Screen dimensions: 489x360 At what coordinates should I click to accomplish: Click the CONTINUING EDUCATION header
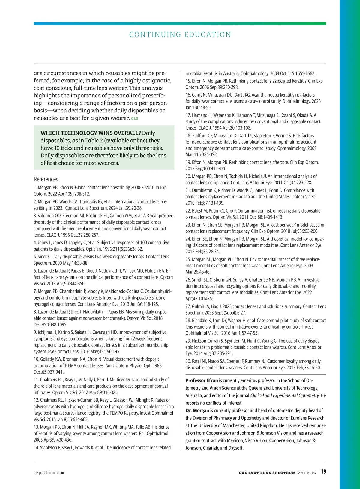180,34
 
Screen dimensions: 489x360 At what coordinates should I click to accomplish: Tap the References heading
46,179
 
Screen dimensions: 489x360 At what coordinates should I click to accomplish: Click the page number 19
323,472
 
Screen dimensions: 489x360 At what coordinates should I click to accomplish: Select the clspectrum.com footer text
49,473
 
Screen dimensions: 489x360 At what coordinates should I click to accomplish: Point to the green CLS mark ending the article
135,118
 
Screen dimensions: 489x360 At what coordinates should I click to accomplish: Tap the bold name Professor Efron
202,380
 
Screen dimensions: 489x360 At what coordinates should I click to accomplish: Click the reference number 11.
36,380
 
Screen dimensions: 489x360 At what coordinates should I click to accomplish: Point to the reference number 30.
188,361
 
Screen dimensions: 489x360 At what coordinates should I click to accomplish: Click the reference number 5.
35,257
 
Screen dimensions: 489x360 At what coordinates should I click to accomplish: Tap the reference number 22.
188,211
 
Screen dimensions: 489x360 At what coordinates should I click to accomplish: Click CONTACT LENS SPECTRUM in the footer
267,473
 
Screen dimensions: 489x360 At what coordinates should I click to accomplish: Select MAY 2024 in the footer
307,473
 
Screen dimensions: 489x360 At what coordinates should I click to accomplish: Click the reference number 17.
188,115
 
